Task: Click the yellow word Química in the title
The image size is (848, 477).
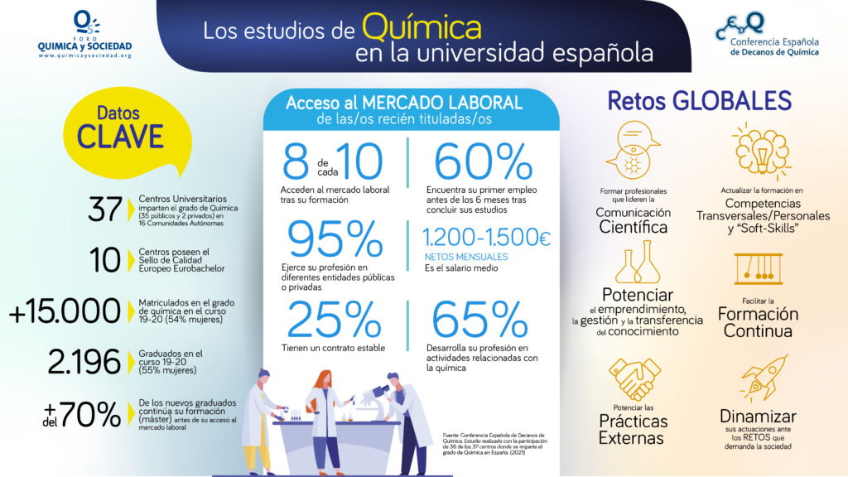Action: [422, 28]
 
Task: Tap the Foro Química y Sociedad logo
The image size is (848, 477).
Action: [84, 34]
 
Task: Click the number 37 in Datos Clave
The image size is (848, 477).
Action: [104, 211]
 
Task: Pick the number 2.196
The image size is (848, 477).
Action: [85, 361]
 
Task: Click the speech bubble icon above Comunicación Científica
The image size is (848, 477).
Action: [631, 147]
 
